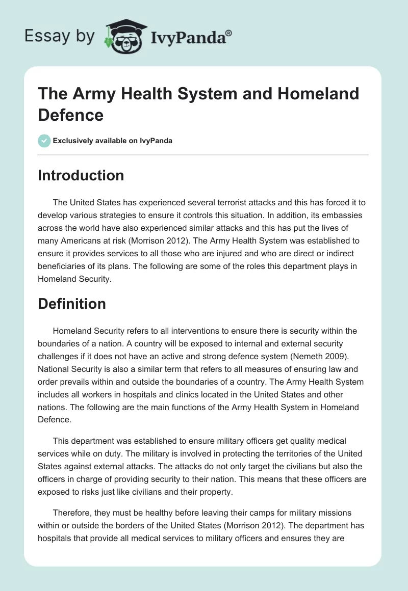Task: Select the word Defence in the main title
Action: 71,115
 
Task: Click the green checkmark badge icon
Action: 44,141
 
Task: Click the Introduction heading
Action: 81,175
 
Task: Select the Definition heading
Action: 72,304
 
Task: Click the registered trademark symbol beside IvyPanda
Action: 229,33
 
